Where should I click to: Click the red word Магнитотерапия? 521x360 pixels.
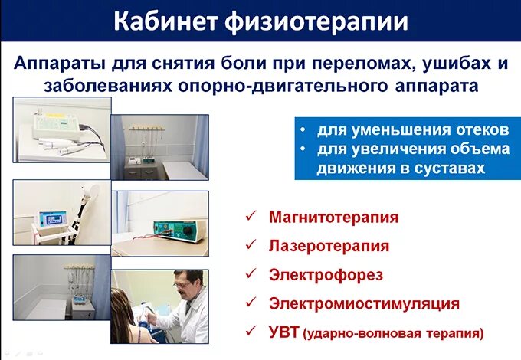333,217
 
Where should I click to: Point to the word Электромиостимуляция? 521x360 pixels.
364,303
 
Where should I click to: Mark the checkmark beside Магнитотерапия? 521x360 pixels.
250,217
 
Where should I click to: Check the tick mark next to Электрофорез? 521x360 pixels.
250,274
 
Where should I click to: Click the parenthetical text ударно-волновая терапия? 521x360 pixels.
394,334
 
